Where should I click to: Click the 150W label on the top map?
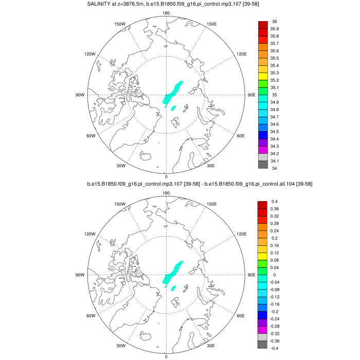(x=120, y=24)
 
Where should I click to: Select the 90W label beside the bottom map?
(x=80, y=275)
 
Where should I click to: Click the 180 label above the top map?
(x=166, y=13)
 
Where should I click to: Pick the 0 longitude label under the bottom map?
(x=166, y=356)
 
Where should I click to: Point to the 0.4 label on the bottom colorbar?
(x=275, y=201)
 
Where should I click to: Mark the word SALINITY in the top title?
(x=98, y=5)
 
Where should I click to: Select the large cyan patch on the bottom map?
(x=172, y=273)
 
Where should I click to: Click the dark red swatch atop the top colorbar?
(x=263, y=25)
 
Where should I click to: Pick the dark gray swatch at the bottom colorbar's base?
(x=263, y=345)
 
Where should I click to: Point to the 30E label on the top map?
(x=211, y=166)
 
